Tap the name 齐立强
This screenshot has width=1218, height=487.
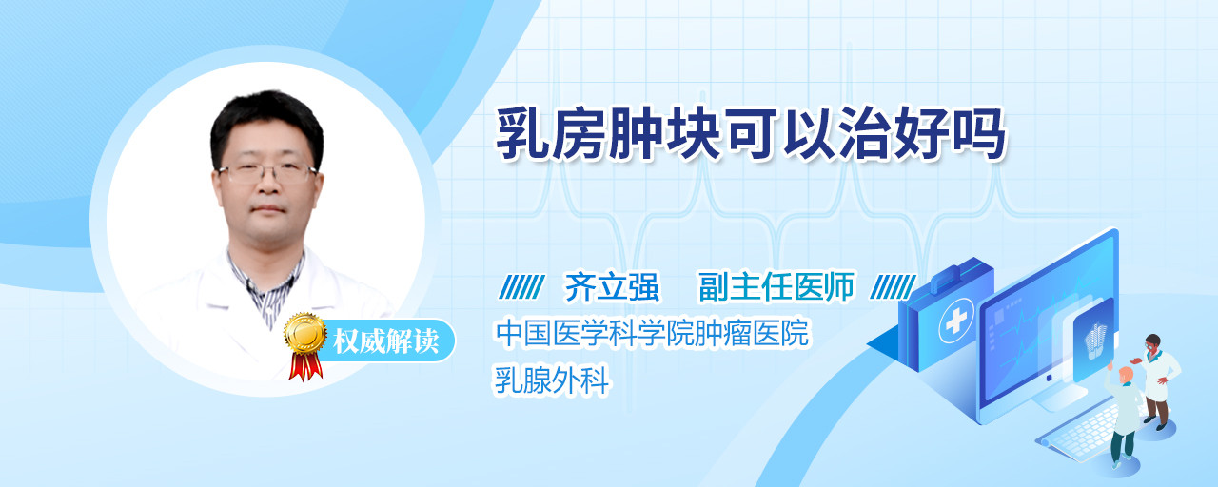tap(612, 286)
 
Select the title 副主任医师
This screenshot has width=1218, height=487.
tap(776, 286)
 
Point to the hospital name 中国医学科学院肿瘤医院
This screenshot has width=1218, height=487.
tap(652, 333)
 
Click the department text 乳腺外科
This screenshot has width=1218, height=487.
tap(551, 380)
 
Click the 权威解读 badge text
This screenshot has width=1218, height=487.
tap(386, 341)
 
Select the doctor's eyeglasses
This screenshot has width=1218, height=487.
tap(267, 173)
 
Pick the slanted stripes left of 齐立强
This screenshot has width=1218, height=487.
tap(522, 286)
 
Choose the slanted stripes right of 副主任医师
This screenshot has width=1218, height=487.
tap(893, 286)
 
